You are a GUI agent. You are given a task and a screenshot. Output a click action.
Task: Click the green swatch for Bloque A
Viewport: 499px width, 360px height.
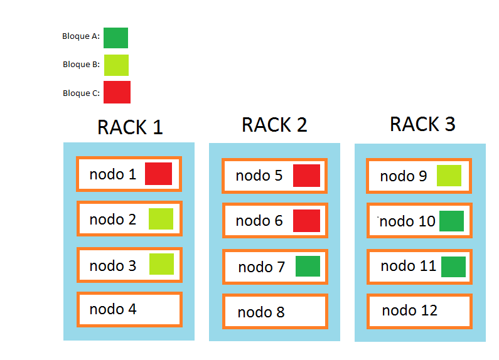tap(115, 38)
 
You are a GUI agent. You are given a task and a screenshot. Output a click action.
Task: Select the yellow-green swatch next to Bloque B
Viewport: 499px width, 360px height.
tap(116, 65)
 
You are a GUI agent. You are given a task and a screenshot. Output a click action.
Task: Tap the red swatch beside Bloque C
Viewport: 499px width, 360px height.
tap(117, 92)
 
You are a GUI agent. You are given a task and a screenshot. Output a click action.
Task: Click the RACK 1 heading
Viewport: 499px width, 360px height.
tap(130, 127)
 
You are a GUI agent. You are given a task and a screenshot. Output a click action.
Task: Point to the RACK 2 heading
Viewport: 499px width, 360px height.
tap(274, 125)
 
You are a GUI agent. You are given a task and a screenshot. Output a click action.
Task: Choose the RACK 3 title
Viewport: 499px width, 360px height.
tap(422, 124)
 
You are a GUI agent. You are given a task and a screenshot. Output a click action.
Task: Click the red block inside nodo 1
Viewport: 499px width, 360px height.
tap(158, 174)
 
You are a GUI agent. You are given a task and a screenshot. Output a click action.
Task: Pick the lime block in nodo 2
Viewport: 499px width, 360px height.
tap(161, 219)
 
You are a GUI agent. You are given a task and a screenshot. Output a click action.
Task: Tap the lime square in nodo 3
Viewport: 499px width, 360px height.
tap(161, 264)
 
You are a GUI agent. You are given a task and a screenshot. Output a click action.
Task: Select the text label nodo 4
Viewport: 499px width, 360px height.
tap(113, 309)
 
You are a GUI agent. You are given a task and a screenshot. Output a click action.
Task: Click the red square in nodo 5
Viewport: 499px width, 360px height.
tap(306, 176)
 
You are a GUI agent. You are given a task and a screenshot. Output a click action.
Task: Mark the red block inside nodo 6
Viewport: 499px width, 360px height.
tap(306, 221)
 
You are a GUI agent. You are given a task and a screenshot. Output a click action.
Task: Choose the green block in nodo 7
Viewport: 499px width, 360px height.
tap(308, 267)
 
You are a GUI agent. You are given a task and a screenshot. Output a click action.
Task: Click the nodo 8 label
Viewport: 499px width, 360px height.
tap(261, 312)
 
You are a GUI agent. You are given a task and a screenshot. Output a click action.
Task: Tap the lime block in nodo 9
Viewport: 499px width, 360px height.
tap(449, 176)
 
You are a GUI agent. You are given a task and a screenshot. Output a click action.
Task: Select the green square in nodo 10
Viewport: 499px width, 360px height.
tap(451, 221)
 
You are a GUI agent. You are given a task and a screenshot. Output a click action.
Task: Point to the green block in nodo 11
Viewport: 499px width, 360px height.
tap(453, 267)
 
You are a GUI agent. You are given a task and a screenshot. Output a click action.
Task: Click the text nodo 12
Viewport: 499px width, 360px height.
tap(409, 310)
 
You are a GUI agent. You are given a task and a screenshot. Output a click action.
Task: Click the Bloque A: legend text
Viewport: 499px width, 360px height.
tap(81, 36)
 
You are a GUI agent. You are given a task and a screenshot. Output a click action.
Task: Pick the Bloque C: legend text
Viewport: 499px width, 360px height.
tap(81, 93)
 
